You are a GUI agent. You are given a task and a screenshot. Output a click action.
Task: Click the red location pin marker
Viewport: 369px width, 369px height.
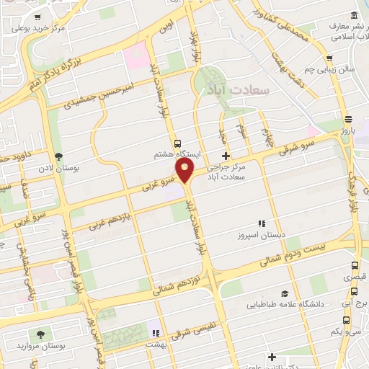tap(186, 170)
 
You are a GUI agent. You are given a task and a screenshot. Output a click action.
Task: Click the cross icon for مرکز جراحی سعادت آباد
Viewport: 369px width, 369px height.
tap(226, 156)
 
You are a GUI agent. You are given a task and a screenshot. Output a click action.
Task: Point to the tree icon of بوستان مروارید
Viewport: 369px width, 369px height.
tap(40, 334)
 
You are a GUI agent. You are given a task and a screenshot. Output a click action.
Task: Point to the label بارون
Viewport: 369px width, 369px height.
tap(349, 131)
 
